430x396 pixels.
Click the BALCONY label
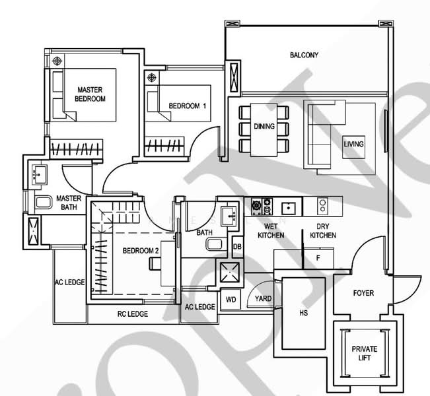(x=304, y=55)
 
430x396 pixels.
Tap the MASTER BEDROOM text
(x=91, y=94)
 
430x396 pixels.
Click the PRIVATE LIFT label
(x=361, y=353)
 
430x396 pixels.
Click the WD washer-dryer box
(x=231, y=300)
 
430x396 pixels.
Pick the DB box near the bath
(x=237, y=247)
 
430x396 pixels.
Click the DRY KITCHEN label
(x=322, y=231)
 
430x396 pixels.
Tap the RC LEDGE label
(x=132, y=313)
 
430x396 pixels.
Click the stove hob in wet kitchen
(x=258, y=207)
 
